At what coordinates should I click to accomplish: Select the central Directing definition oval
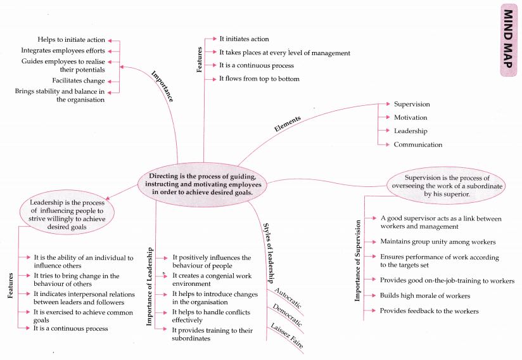coord(201,184)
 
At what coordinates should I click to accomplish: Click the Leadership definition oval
coord(62,214)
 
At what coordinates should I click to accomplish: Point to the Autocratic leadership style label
coord(288,298)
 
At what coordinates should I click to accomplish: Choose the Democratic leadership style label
coord(287,315)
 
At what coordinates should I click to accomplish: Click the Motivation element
coord(411,117)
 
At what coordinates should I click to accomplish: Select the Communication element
coord(417,145)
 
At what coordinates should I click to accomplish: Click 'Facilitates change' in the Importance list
coord(79,80)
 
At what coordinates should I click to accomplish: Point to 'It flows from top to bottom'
coord(259,79)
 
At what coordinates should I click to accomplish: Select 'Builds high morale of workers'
coord(424,296)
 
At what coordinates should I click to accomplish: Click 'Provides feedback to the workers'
coord(429,311)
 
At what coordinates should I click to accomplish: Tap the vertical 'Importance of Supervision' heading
coord(358,260)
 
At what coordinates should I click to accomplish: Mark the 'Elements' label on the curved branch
coord(287,122)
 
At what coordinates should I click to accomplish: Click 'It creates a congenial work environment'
coord(211,280)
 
